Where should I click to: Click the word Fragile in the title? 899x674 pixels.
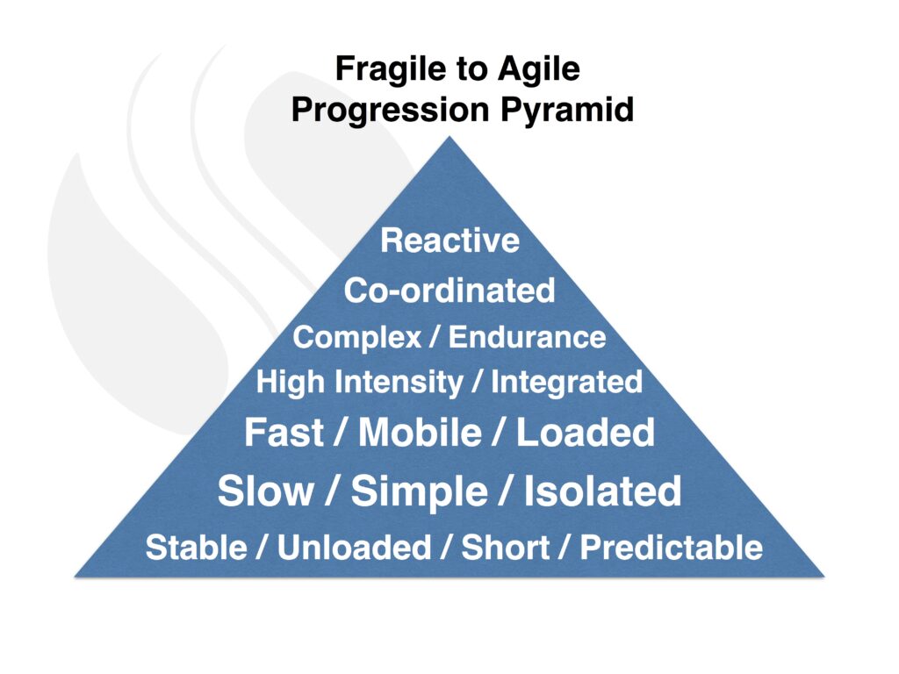tap(391, 70)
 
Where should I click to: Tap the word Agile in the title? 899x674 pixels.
tap(539, 70)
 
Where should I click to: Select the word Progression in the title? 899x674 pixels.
tap(390, 111)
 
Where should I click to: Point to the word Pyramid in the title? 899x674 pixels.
tap(567, 111)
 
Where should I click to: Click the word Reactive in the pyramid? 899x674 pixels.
tap(450, 240)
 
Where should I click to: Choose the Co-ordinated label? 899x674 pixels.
tap(449, 290)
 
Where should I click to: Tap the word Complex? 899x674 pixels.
tap(357, 338)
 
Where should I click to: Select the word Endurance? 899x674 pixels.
tap(527, 337)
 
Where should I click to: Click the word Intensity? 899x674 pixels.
tap(399, 383)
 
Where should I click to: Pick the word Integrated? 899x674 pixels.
tap(566, 383)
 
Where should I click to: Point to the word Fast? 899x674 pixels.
tap(284, 432)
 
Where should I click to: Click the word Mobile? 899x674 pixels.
tap(420, 432)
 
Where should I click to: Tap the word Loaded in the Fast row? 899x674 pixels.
tap(586, 432)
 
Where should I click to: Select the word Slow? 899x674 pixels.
tap(265, 491)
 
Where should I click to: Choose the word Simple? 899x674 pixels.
tap(419, 492)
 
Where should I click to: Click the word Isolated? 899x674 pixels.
tap(602, 491)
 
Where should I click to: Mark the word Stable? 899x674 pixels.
tap(196, 548)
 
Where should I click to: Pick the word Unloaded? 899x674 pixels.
tap(355, 548)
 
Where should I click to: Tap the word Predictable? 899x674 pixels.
tap(672, 548)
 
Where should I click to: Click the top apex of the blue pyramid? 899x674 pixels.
tap(449, 136)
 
